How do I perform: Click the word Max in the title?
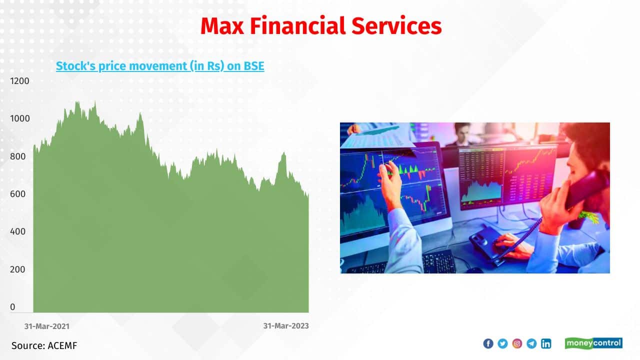[222, 26]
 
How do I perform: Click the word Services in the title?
[396, 26]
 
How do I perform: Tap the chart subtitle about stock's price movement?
[160, 66]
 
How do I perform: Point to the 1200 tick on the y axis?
[19, 81]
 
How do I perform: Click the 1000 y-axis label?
[19, 118]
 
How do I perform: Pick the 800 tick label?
[17, 156]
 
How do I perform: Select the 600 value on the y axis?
[17, 194]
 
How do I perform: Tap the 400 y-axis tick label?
[17, 231]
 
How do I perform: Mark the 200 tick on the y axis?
[17, 269]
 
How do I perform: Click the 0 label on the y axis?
[12, 307]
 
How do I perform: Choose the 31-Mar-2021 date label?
[47, 326]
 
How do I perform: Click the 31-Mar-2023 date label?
[286, 326]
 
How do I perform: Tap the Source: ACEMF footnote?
[44, 345]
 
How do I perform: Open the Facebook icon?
[488, 343]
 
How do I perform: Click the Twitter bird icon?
[502, 343]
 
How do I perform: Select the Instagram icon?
[517, 343]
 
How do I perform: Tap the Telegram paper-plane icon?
[531, 343]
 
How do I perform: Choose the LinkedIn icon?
[546, 343]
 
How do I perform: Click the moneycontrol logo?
[593, 343]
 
